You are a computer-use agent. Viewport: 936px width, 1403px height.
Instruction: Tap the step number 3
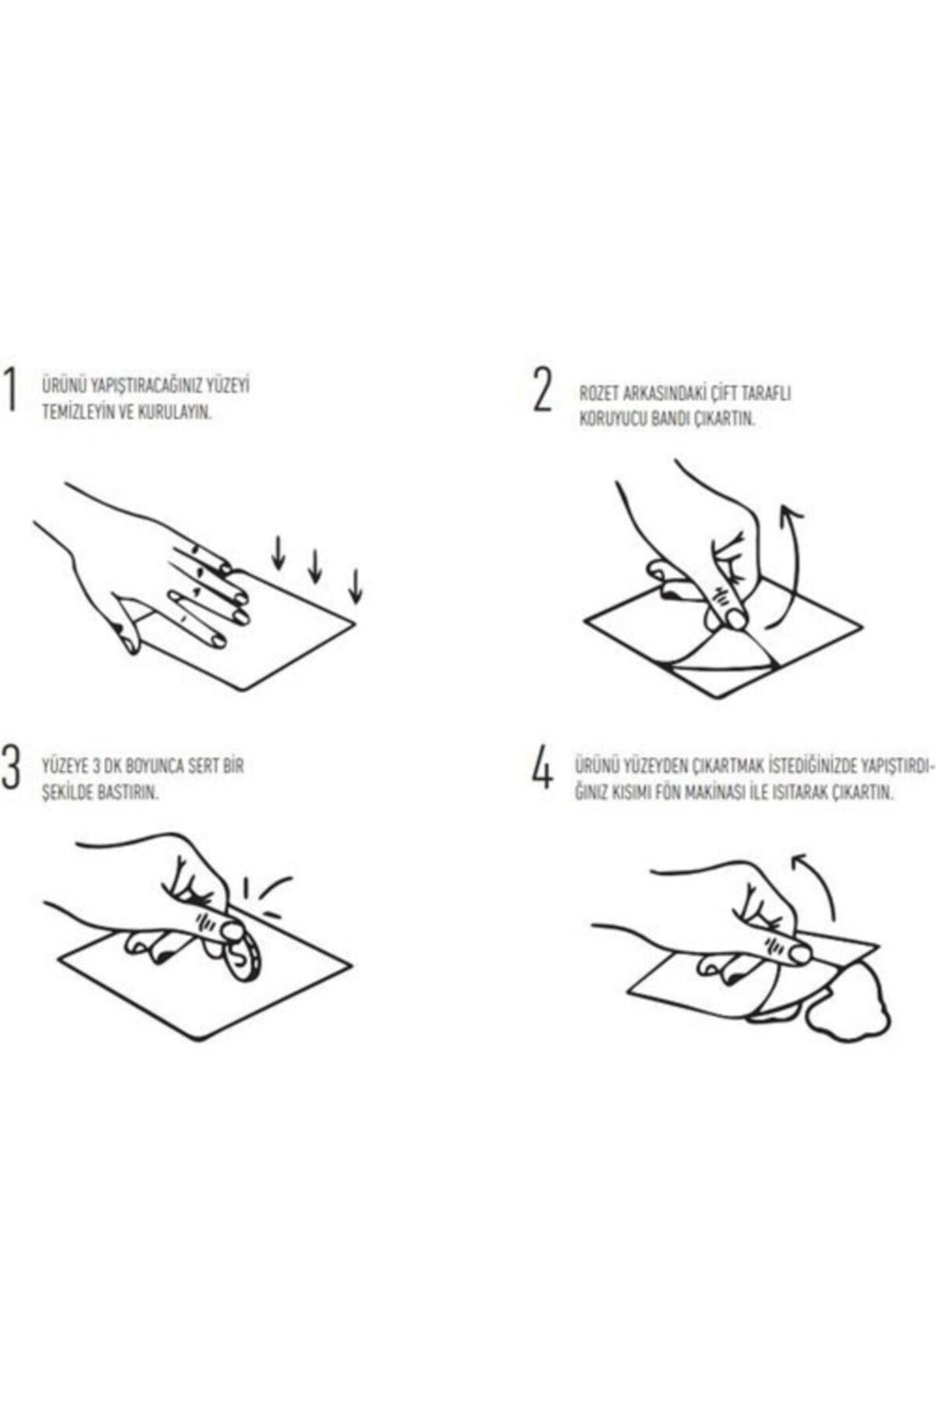click(x=10, y=768)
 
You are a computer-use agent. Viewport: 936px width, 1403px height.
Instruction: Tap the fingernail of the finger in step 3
click(x=232, y=929)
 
